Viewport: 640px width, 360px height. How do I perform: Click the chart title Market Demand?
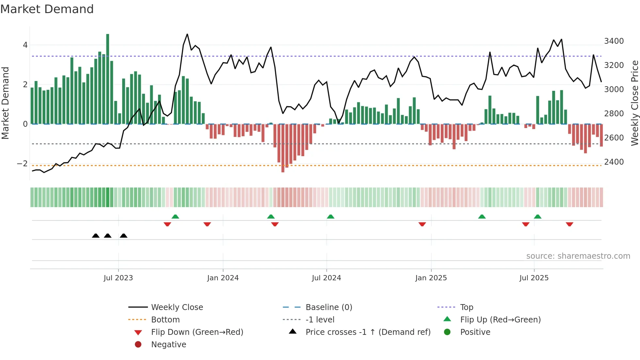pos(47,9)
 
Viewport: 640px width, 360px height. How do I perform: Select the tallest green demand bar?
pos(108,78)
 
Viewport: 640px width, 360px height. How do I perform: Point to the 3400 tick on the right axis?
pos(614,41)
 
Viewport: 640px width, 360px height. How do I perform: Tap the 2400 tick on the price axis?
pos(614,162)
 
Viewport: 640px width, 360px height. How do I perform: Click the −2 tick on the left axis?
pos(23,164)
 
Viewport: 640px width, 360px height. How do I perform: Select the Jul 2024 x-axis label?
pos(326,278)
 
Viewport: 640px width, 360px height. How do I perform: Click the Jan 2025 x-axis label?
pos(431,278)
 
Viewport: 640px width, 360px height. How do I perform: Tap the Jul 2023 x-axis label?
pos(118,278)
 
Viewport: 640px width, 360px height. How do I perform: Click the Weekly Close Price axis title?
pos(634,103)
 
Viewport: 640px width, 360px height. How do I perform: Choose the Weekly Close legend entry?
pos(177,307)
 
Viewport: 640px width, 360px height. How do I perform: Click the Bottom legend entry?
pos(165,320)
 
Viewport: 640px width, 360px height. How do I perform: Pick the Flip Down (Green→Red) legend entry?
pos(197,332)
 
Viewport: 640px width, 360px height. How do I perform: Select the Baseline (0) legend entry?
pos(328,307)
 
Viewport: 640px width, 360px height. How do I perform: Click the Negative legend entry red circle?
pos(138,345)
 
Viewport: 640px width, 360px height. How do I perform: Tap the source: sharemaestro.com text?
pos(578,256)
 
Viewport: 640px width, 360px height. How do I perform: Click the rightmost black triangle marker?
pos(123,236)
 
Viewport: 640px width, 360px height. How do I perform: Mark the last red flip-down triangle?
pos(569,224)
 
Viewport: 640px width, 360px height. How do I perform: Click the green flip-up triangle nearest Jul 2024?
pos(330,217)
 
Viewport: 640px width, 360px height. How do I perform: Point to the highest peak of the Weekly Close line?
pos(187,34)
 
